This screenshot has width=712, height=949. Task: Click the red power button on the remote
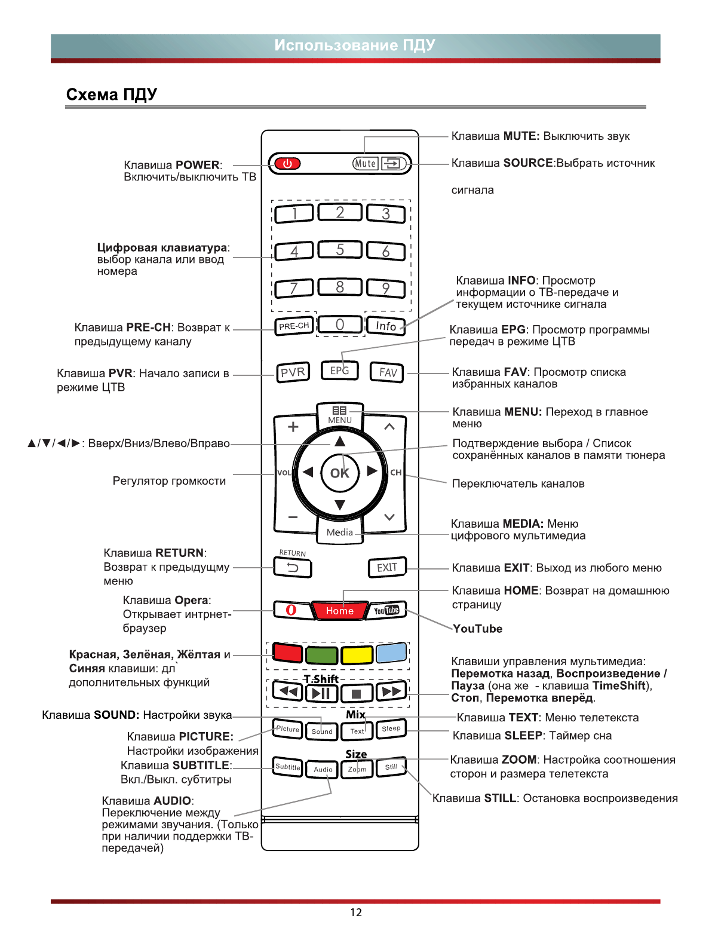tap(287, 164)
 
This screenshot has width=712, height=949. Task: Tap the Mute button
tap(365, 164)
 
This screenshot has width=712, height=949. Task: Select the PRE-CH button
tap(294, 326)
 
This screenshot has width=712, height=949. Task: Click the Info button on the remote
tap(386, 326)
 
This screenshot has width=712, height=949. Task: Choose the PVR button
tap(293, 372)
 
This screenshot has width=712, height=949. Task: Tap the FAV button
tap(388, 372)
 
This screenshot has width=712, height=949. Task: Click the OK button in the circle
tap(340, 473)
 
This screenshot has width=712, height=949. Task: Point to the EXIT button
tap(387, 568)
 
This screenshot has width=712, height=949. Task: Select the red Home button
tap(339, 611)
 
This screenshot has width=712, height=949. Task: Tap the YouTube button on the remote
tap(386, 610)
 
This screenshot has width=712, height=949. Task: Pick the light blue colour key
tap(391, 653)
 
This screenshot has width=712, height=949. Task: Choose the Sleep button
tap(391, 728)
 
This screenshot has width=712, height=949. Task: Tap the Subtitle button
tap(287, 767)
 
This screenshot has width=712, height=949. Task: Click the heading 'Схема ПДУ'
tap(112, 94)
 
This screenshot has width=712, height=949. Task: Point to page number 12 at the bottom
tap(356, 913)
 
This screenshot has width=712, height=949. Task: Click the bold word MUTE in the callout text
tap(521, 136)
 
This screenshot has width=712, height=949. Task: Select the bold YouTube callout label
tap(477, 629)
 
